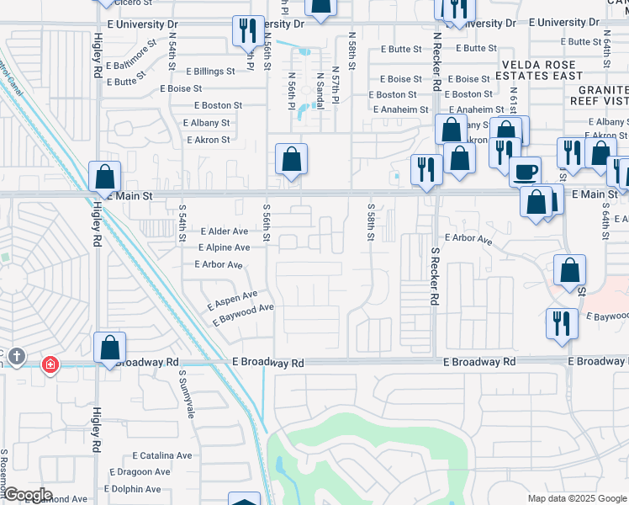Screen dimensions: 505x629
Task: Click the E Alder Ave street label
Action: coord(224,231)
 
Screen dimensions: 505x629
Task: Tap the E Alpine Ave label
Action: coord(224,247)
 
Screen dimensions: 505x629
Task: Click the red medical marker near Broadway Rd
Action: coord(50,364)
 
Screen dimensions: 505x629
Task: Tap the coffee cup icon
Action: coord(526,172)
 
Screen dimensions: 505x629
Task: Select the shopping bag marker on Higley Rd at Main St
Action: coord(104,177)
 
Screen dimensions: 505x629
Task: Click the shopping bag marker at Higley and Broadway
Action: coord(110,348)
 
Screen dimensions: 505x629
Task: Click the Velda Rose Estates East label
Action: coord(542,70)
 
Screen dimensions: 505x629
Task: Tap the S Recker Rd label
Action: coord(436,275)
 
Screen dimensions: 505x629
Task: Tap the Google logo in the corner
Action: coord(27,495)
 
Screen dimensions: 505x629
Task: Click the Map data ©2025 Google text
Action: coord(576,498)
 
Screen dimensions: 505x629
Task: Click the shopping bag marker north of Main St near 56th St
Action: coord(291,159)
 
